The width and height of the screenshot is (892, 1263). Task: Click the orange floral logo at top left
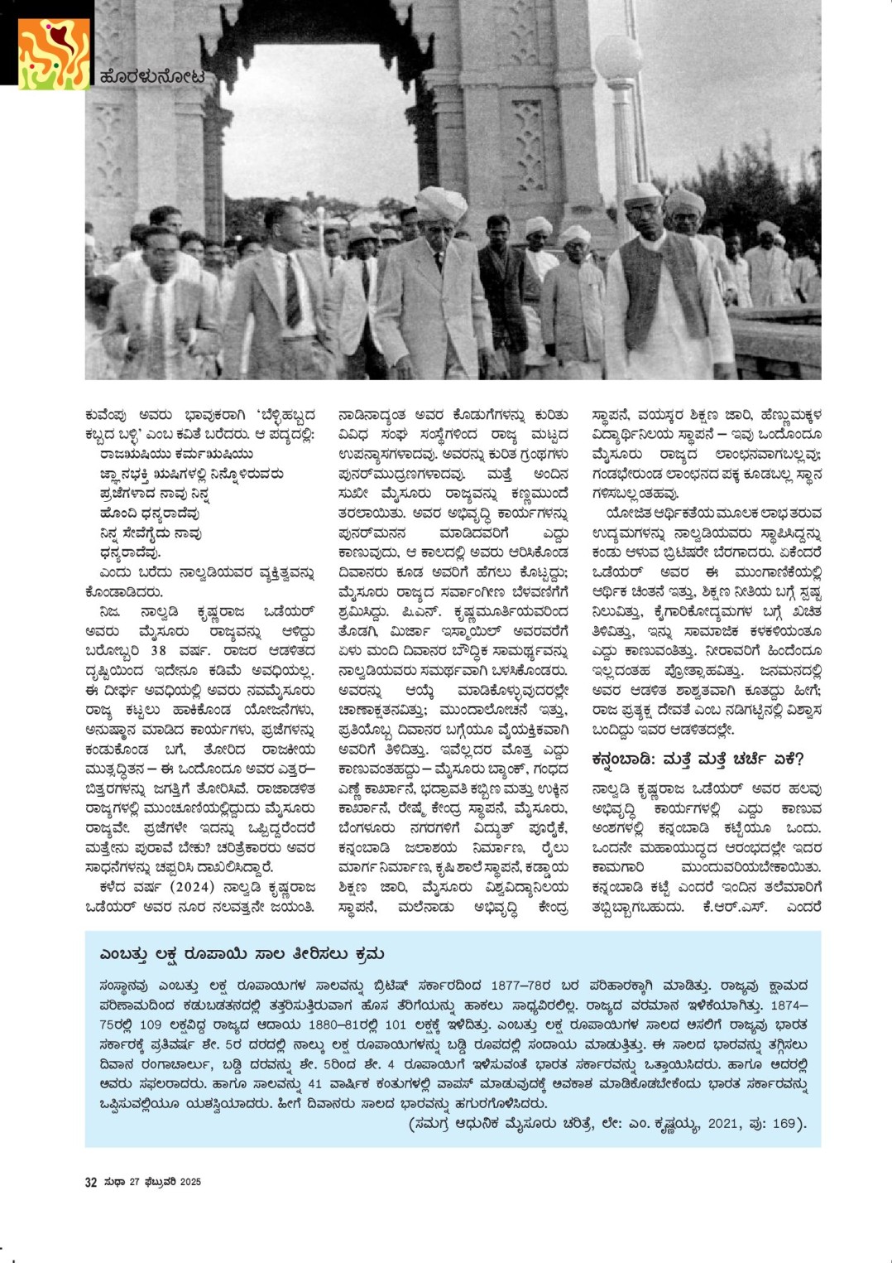click(54, 54)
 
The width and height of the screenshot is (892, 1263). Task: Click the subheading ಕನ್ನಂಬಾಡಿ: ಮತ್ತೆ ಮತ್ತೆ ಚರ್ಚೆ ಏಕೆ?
click(698, 759)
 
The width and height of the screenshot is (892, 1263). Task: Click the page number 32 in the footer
click(91, 1183)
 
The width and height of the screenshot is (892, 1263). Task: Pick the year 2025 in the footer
click(190, 1183)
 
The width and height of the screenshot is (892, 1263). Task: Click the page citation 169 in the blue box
click(782, 1124)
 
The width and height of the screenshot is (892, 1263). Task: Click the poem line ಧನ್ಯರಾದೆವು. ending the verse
click(131, 552)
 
